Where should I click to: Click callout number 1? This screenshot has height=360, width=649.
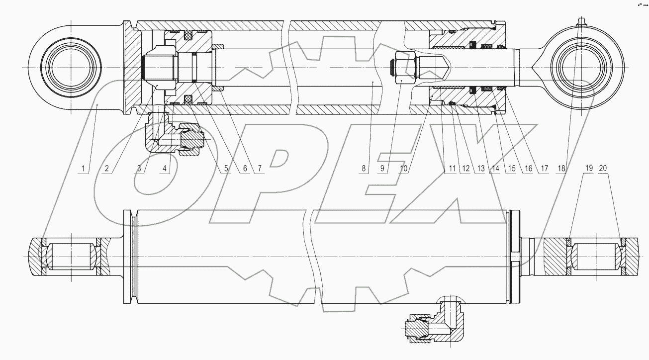click(x=85, y=169)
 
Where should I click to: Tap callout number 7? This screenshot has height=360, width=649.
click(x=258, y=169)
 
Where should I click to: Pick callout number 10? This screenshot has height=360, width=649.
click(x=403, y=169)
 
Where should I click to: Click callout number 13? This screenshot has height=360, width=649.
click(x=480, y=169)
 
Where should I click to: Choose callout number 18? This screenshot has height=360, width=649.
click(x=561, y=169)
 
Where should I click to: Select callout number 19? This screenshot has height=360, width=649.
click(x=588, y=169)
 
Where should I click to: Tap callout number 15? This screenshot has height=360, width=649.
click(x=509, y=169)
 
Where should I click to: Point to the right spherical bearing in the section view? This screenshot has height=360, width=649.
click(x=595, y=257)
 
